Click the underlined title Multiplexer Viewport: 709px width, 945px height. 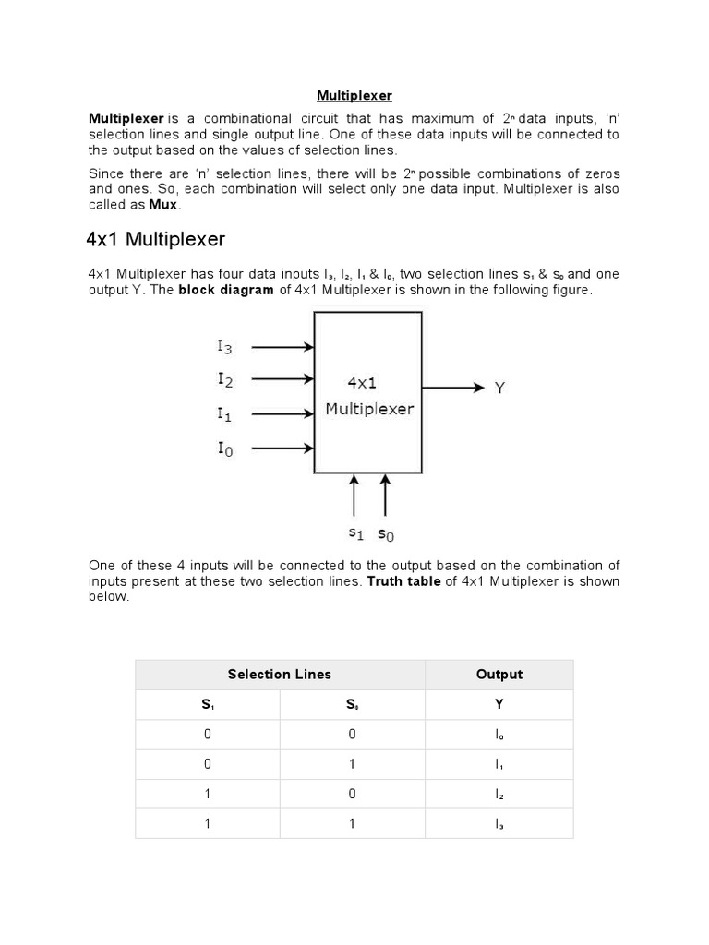(354, 95)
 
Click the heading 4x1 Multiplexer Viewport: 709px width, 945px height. (155, 240)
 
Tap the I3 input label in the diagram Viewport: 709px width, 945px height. (225, 347)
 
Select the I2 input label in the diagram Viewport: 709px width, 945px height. (225, 378)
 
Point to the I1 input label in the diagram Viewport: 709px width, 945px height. (224, 413)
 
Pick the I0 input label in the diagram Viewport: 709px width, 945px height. (225, 449)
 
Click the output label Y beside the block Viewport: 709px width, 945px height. (499, 389)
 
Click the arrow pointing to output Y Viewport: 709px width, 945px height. (452, 389)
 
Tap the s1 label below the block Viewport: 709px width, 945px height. (356, 533)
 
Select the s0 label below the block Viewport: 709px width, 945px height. (386, 533)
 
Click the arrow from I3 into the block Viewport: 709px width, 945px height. (282, 348)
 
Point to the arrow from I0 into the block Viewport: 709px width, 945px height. (282, 449)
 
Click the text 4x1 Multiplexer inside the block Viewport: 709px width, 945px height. (369, 395)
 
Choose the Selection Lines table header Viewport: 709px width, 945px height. (280, 675)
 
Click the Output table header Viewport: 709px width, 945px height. (499, 675)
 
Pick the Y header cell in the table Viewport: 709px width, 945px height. (499, 705)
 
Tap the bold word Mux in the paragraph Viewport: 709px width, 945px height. (163, 205)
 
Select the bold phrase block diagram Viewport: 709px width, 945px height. (226, 290)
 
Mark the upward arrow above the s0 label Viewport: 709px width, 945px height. (385, 496)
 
